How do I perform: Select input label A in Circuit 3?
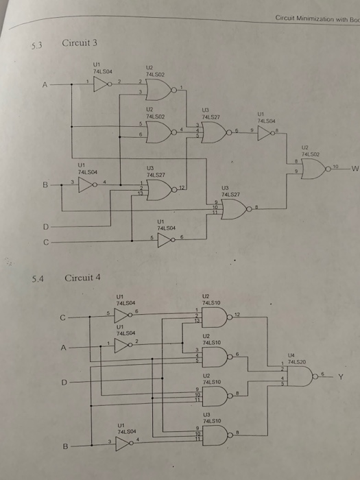(45, 85)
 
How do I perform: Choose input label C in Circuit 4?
(62, 317)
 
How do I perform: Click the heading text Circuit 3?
(80, 43)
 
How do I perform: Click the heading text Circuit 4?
(82, 278)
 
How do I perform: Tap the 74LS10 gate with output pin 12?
(213, 315)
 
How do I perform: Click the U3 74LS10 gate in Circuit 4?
(213, 435)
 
